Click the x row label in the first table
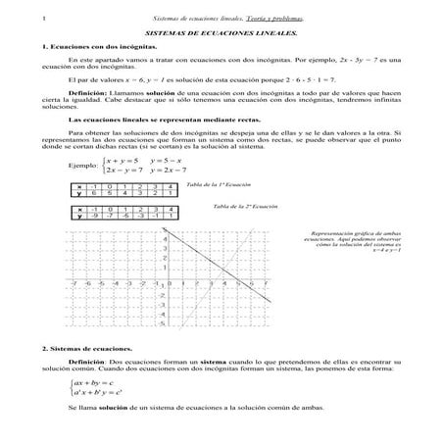tap(79, 185)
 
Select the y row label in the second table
tap(79, 216)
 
